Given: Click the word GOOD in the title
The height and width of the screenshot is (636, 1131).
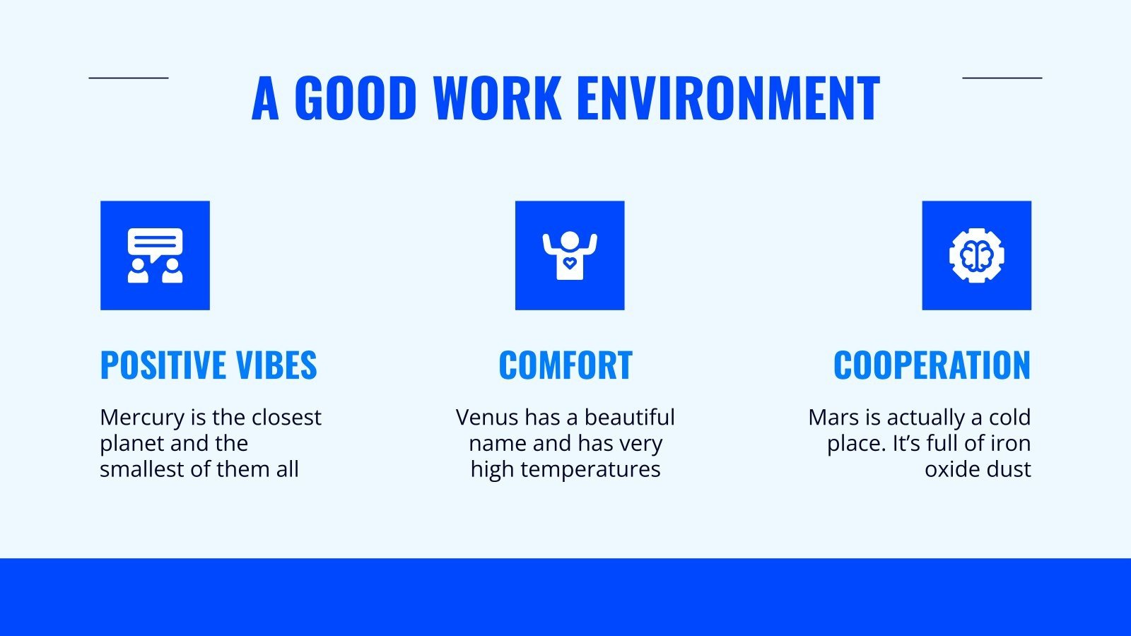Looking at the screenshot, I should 355,98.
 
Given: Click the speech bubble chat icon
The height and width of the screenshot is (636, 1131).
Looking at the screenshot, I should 155,255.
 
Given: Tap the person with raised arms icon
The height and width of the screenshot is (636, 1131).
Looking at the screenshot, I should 570,255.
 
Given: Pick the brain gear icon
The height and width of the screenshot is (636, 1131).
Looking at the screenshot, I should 976,255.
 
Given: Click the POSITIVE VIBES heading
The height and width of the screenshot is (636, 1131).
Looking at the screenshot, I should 209,365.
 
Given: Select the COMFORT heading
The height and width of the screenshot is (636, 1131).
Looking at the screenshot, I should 565,365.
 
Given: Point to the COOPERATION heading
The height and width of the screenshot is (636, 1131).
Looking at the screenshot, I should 932,365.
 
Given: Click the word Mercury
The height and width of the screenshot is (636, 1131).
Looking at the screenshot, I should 142,418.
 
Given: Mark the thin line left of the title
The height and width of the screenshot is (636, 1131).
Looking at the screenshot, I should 129,78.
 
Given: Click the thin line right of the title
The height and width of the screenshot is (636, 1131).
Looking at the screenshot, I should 1002,78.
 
